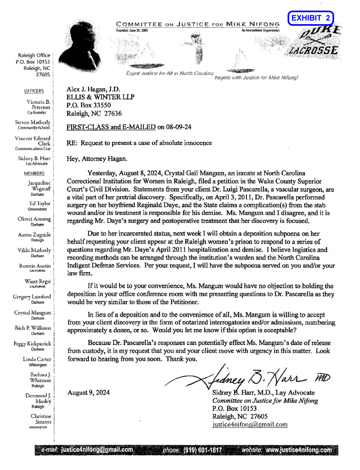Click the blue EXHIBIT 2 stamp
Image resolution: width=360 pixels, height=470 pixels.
[x=310, y=18]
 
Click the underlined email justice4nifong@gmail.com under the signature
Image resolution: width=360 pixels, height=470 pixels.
[x=249, y=424]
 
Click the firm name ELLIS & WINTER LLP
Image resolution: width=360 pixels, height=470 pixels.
[x=100, y=97]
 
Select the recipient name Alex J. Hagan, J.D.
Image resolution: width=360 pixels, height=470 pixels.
[x=93, y=89]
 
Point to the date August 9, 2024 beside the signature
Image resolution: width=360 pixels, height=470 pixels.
[x=89, y=392]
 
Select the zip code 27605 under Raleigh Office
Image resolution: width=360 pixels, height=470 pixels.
[x=43, y=74]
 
